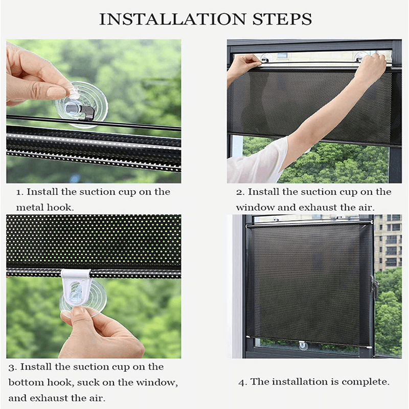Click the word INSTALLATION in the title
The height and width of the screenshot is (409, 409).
[172, 19]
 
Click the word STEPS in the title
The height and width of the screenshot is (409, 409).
[282, 19]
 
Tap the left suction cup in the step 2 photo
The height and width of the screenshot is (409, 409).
[266, 58]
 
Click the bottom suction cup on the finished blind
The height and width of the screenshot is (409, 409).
[303, 346]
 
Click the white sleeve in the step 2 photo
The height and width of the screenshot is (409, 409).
[257, 161]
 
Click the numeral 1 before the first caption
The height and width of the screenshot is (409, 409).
[18, 193]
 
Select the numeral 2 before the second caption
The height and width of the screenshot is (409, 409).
[239, 193]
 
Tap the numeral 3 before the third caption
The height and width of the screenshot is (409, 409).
[12, 368]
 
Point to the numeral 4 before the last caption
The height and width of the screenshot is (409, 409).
[242, 382]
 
